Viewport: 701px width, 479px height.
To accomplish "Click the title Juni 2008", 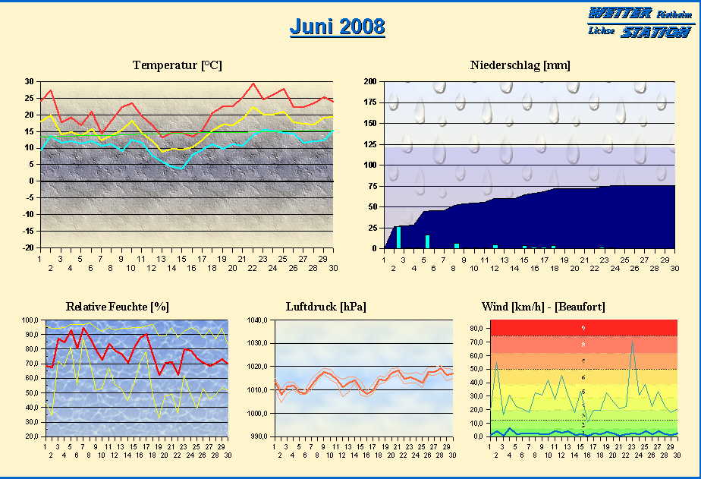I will (x=337, y=27).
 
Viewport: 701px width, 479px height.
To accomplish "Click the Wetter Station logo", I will (x=639, y=23).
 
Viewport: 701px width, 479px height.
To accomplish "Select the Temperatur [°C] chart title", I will (x=177, y=65).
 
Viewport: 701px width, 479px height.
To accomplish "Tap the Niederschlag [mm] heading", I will (x=520, y=65).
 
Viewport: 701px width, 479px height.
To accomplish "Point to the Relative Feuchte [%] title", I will (x=118, y=307).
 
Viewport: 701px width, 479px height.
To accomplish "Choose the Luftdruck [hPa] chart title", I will (x=325, y=307).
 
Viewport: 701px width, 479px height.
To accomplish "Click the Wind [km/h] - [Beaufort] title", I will (x=543, y=307).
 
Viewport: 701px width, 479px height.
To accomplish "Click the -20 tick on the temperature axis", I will (x=28, y=247).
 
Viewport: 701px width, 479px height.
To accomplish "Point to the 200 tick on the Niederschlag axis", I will (x=369, y=81).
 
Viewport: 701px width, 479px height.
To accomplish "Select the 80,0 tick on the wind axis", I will (x=476, y=329).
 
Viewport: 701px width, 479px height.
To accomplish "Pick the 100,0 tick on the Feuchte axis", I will (x=31, y=320).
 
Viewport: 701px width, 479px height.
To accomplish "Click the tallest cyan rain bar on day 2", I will (x=398, y=237).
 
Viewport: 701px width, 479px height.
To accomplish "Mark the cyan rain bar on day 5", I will (x=428, y=241).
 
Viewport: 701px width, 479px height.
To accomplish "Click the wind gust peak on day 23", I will (x=632, y=341).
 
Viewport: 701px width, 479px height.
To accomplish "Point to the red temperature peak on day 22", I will (x=253, y=84).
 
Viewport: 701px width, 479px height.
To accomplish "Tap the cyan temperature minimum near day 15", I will (x=179, y=168).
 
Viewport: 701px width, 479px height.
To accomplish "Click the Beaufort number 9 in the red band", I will (x=583, y=328).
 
